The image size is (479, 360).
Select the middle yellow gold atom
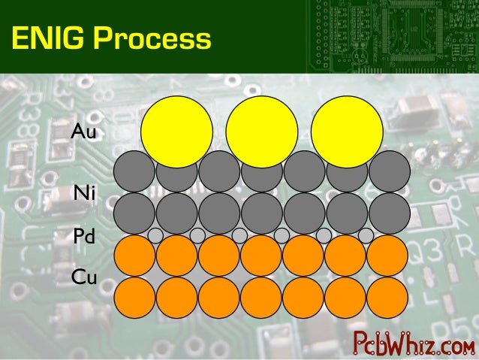(261, 132)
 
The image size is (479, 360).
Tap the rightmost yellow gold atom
(346, 132)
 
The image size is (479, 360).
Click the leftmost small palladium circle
(155, 235)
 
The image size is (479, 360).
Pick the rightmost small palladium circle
(366, 235)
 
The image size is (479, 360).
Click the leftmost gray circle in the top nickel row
(134, 172)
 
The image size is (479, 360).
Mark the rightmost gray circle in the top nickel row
(389, 172)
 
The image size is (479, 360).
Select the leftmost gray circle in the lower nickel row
(134, 213)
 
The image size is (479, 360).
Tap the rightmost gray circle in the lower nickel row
(389, 213)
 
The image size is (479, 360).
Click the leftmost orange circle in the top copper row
(134, 256)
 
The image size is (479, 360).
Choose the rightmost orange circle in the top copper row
(389, 256)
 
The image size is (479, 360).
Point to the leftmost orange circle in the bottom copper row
(134, 298)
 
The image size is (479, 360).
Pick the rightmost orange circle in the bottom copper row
(389, 298)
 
